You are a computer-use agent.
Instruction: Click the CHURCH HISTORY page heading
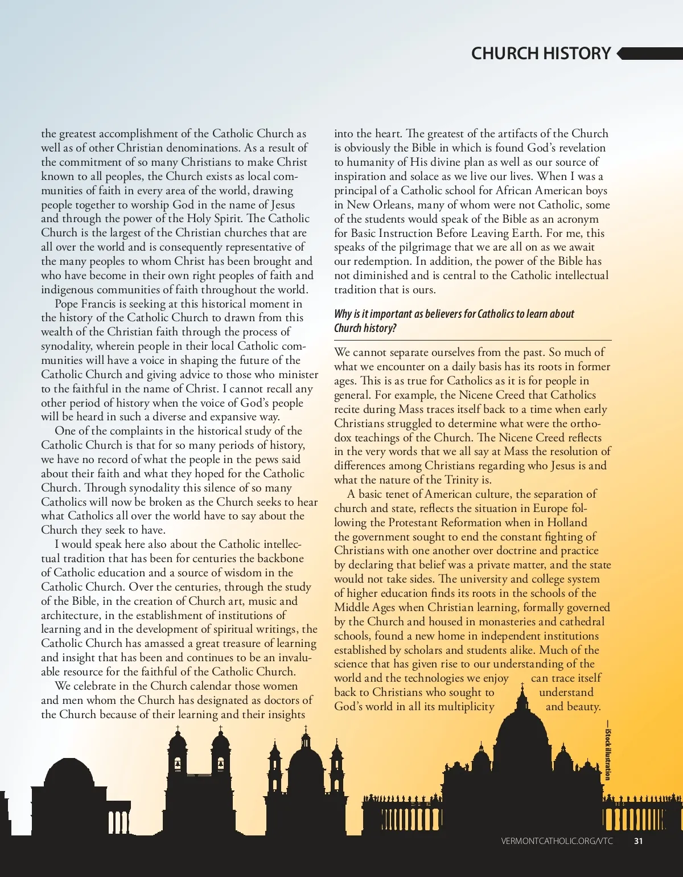coord(541,54)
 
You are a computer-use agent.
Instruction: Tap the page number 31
coord(638,841)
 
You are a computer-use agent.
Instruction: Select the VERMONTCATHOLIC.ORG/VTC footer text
coord(557,841)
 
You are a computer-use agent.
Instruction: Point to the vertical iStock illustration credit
coord(608,755)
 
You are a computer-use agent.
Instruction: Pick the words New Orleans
coord(371,204)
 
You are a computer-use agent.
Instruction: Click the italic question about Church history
coord(454,321)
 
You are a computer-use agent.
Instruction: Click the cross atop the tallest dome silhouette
coord(522,686)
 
